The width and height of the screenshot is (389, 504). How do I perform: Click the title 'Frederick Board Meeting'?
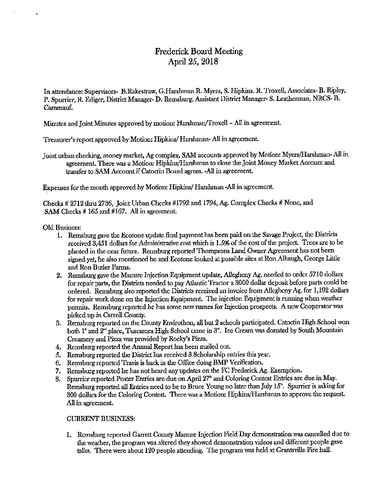point(198,51)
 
